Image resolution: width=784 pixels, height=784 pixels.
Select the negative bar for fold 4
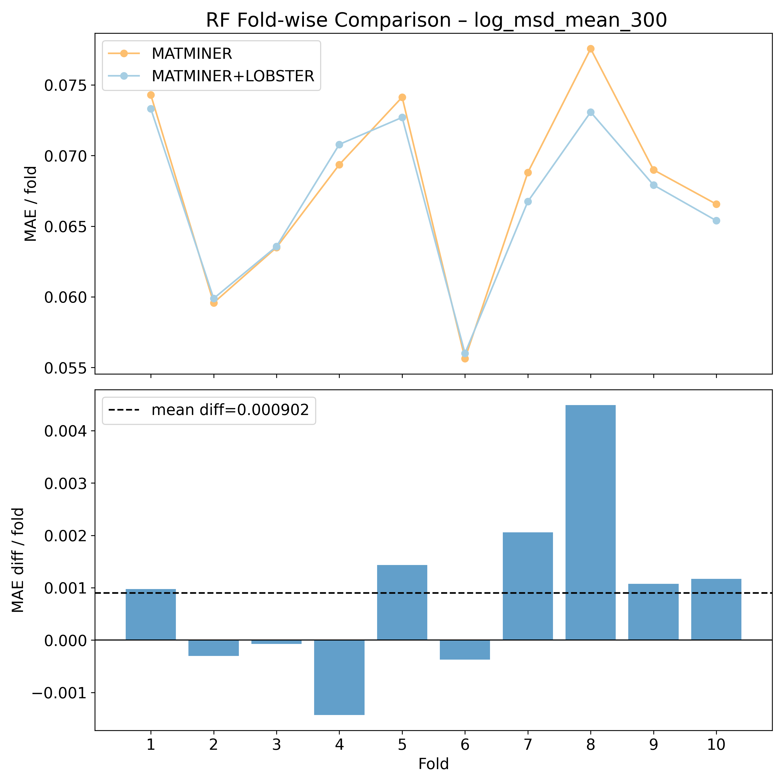[339, 677]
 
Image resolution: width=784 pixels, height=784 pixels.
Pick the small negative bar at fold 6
[465, 650]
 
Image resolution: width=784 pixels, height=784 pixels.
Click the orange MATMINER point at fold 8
[590, 49]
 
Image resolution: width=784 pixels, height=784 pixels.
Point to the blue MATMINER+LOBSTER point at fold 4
[339, 145]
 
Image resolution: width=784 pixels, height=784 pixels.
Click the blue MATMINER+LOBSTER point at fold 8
[590, 112]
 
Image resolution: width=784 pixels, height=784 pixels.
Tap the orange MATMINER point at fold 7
[528, 172]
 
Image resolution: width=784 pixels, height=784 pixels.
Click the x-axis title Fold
[433, 764]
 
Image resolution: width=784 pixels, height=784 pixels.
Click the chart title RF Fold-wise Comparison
[436, 20]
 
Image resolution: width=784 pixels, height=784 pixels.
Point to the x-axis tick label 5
[402, 745]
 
